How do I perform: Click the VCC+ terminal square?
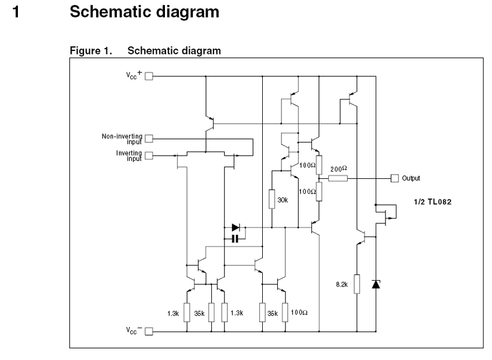pos(149,76)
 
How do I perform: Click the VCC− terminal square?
pos(149,332)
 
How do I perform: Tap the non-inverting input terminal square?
pos(149,139)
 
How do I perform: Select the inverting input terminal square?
pos(149,155)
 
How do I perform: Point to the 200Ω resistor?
pos(337,178)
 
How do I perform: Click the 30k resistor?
pos(272,199)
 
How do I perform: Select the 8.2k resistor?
pos(357,284)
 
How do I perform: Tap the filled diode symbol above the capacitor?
pos(235,227)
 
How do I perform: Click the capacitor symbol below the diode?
pos(235,238)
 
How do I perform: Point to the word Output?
pos(410,178)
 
